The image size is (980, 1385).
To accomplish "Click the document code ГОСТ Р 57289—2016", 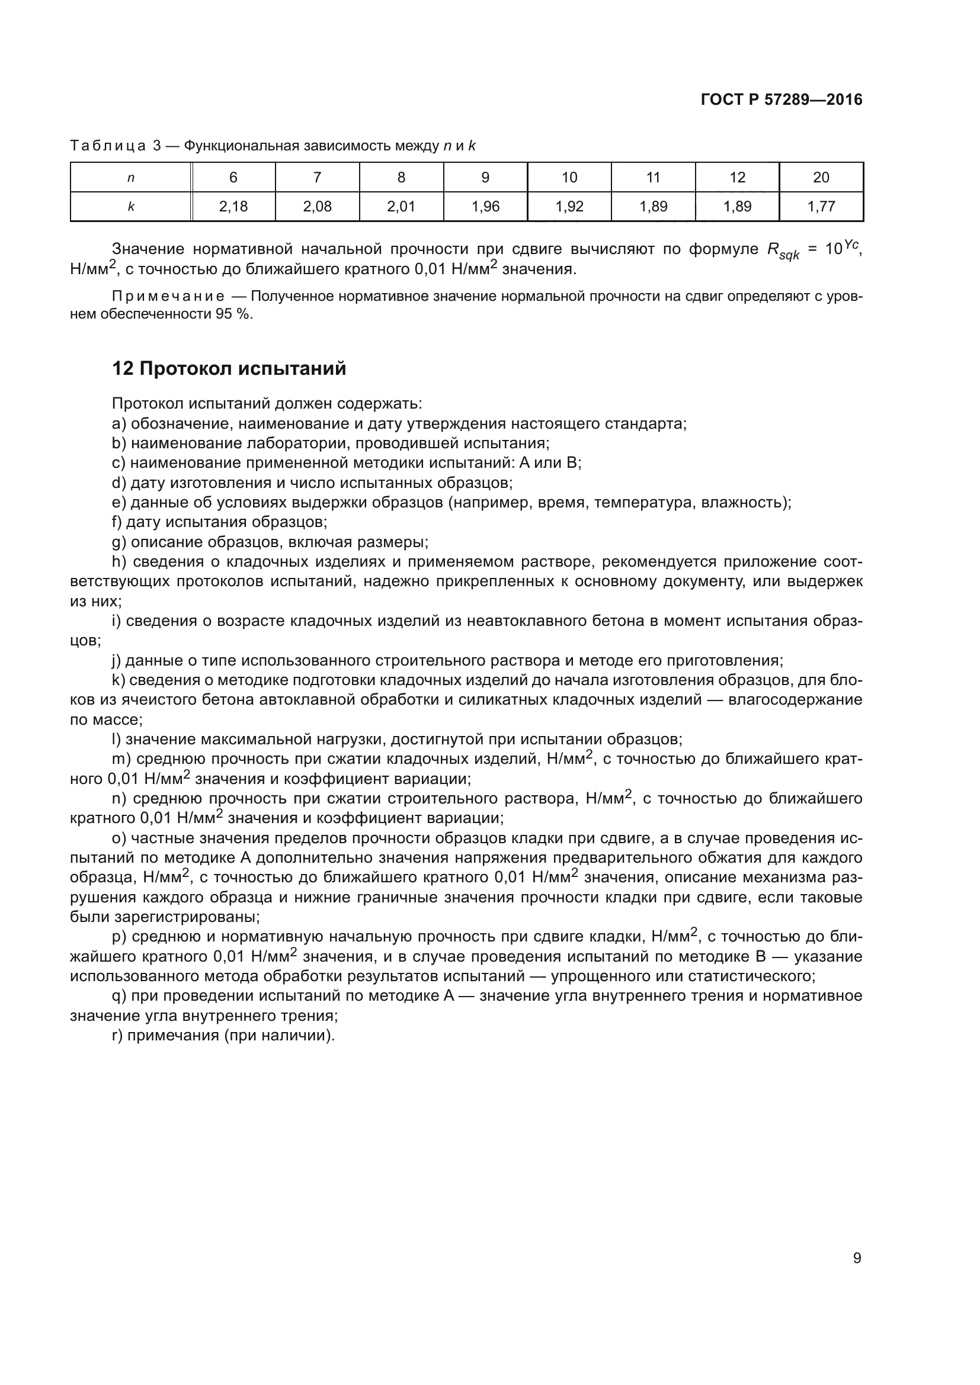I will tap(782, 99).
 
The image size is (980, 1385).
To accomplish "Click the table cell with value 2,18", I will tap(233, 207).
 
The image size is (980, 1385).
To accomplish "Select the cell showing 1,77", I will tap(821, 207).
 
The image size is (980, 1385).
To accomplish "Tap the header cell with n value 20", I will tap(821, 178).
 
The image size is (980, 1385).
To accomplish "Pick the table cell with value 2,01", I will tap(401, 207).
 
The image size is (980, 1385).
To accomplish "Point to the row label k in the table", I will tap(131, 207).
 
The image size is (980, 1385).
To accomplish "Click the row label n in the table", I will tap(131, 178).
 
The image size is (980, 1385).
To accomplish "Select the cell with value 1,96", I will tap(485, 207).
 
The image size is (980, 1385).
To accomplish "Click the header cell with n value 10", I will tap(569, 178).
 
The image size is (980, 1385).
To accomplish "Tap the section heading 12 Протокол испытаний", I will tap(229, 368).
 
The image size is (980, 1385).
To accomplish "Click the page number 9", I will tap(857, 1258).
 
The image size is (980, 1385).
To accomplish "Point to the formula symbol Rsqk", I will tap(783, 251).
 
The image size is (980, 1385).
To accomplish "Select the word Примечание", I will tap(168, 296).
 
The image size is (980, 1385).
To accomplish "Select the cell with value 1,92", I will tap(569, 207).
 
